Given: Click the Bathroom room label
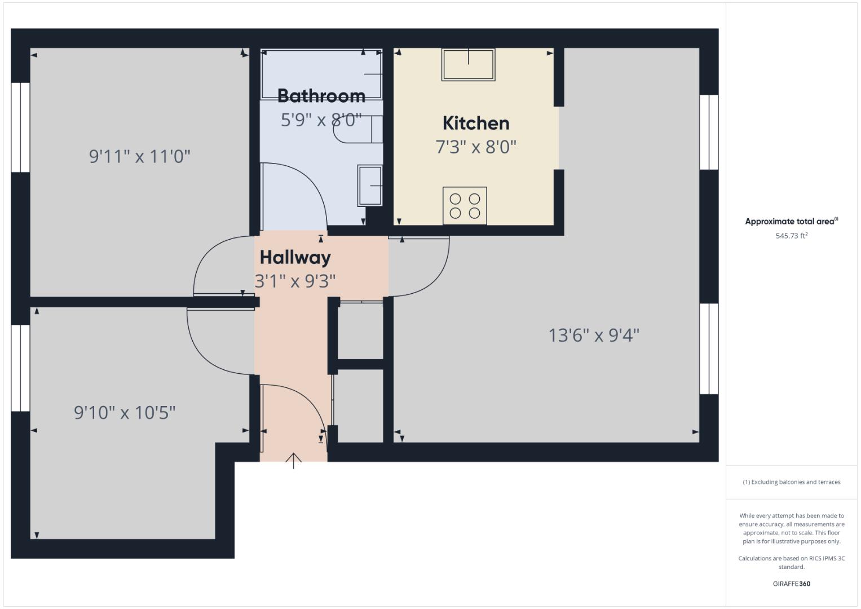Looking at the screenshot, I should pos(321,96).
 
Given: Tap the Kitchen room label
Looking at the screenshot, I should pos(476,123).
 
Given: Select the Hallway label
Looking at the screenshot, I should pos(295,258).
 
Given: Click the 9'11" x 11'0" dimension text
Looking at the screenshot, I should pos(140,156).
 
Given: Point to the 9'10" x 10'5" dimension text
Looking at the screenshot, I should pos(125,413).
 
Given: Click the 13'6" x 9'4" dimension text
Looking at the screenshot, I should pos(594,336).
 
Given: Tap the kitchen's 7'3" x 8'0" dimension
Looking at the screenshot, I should pos(476,147).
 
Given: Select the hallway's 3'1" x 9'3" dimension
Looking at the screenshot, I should pos(295,281).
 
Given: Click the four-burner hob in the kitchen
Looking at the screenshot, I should pos(465,206).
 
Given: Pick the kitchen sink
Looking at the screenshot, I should pos(469,64).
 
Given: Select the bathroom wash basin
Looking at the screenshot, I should pos(370,186).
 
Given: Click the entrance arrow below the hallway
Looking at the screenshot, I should pos(293,461).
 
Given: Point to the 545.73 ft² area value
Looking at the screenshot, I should pos(791,236).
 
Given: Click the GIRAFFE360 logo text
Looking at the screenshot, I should pos(791,584).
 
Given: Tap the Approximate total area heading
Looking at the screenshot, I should pos(791,222).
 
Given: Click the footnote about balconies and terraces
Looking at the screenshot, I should pos(791,482).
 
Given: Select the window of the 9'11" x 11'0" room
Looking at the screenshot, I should pos(20,127).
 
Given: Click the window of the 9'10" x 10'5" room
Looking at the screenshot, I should pos(20,368).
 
